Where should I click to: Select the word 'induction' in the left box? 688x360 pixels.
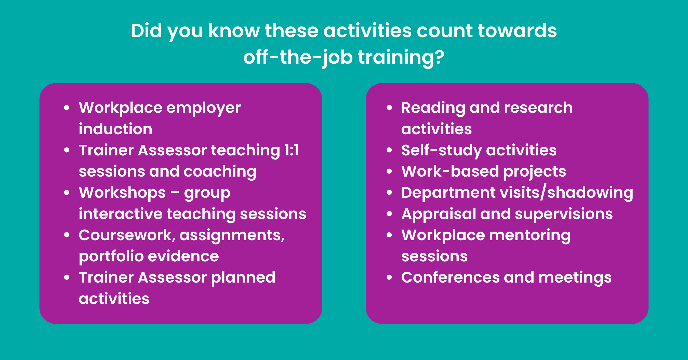pyautogui.click(x=115, y=129)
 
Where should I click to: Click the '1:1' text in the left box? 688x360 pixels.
pyautogui.click(x=292, y=150)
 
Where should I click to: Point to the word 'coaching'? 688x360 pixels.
pyautogui.click(x=220, y=172)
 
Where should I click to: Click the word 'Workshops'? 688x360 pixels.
pyautogui.click(x=122, y=193)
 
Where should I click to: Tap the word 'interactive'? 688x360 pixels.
pyautogui.click(x=121, y=214)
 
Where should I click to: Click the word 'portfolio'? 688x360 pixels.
pyautogui.click(x=111, y=257)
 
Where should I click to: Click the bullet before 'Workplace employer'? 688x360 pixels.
pyautogui.click(x=67, y=108)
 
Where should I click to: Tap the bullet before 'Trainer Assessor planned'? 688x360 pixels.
pyautogui.click(x=67, y=277)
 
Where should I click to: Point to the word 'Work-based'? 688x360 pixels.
pyautogui.click(x=450, y=171)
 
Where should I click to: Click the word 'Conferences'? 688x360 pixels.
pyautogui.click(x=450, y=277)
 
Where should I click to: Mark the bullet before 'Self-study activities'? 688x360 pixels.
pyautogui.click(x=389, y=150)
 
